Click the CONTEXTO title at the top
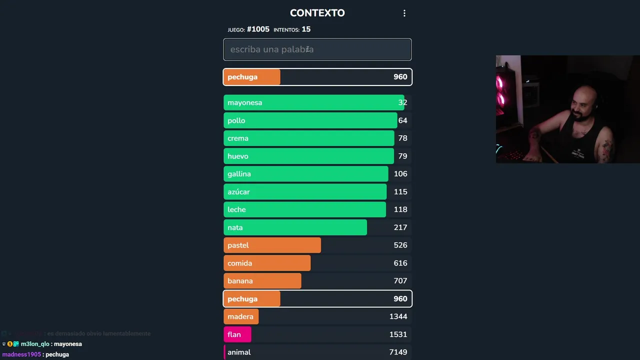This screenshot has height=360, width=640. tap(317, 13)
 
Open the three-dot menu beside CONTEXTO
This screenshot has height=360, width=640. tap(404, 13)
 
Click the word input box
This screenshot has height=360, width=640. tap(317, 49)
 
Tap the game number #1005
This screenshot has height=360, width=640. tap(258, 29)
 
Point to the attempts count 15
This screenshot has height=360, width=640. tap(306, 29)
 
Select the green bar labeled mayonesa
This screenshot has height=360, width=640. tap(313, 102)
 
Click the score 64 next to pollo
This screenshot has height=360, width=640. tap(402, 120)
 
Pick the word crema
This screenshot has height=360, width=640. tap(238, 138)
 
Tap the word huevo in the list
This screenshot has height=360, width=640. tap(238, 156)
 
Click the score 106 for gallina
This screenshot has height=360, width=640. tap(400, 174)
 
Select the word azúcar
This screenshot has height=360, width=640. tap(238, 192)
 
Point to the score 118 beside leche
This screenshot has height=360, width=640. tap(400, 209)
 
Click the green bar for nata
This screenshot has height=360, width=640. tap(295, 227)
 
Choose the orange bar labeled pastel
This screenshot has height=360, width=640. tap(272, 245)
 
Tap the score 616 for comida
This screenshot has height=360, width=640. tap(400, 263)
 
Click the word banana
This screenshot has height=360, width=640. tap(240, 281)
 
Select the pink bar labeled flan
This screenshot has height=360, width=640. tap(237, 334)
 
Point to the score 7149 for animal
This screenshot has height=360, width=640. tap(398, 352)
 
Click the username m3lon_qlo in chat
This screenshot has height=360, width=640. tap(35, 344)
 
